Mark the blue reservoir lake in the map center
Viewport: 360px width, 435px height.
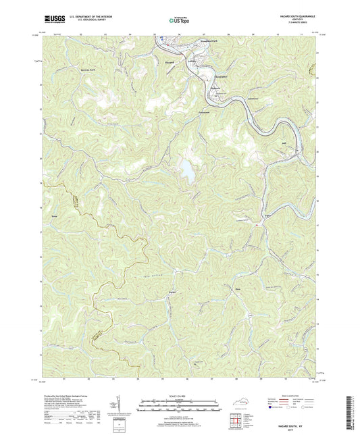coord(185,170)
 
